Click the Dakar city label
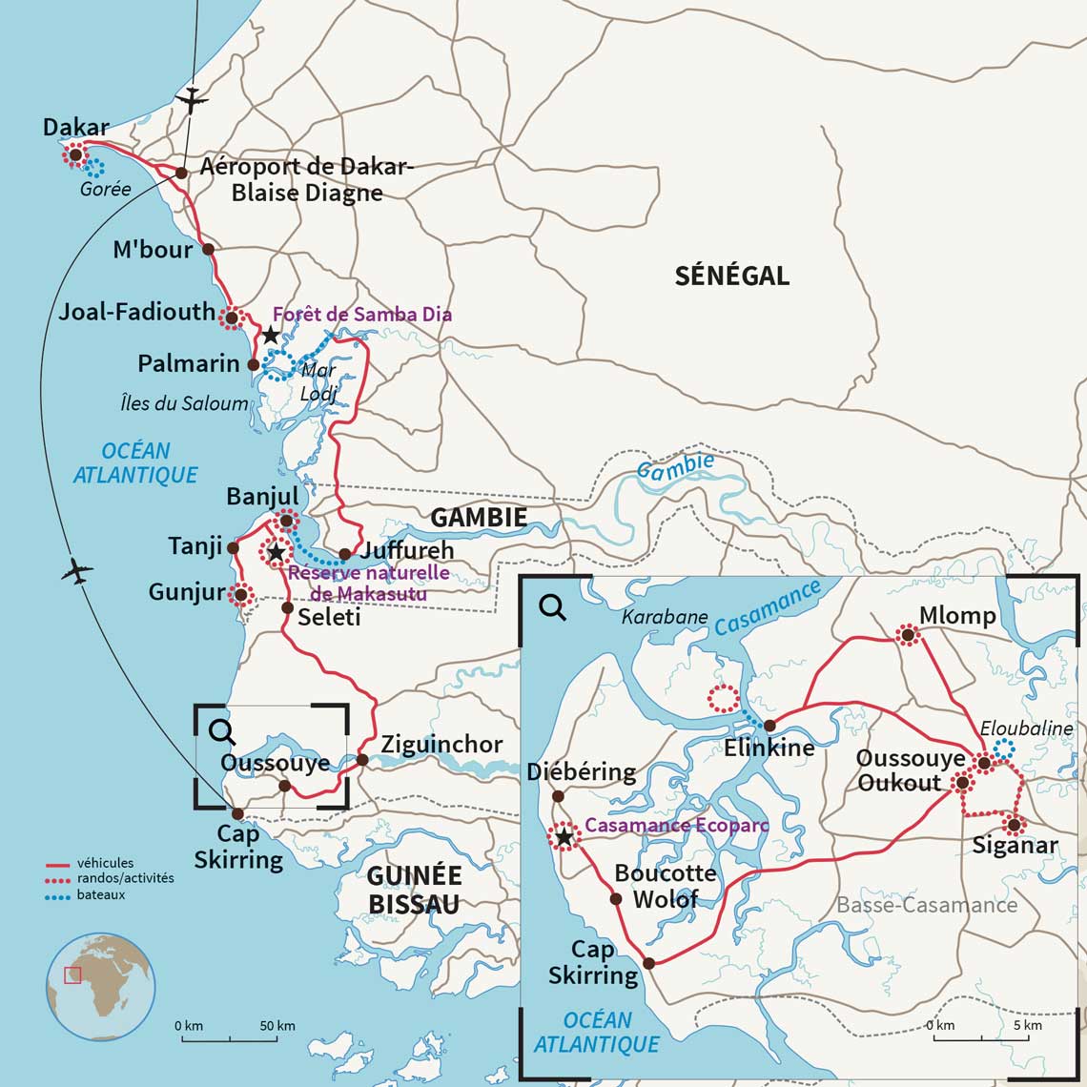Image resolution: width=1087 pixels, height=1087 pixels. (76, 127)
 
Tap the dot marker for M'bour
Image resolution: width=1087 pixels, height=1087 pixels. (209, 249)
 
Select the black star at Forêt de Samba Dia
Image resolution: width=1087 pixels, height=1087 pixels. (271, 335)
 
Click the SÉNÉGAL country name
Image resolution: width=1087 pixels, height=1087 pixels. (731, 276)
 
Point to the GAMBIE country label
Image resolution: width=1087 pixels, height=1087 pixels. (478, 518)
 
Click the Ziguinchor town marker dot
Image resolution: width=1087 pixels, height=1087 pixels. (362, 760)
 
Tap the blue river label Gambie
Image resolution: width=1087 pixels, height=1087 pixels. (675, 466)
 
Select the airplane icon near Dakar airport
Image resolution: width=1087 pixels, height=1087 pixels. (194, 99)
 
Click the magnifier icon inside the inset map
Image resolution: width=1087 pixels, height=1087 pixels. (552, 606)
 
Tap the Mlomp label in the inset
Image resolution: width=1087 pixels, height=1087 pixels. (957, 615)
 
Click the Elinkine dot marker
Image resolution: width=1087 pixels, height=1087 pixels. (769, 726)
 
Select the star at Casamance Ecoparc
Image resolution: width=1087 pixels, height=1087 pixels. (564, 836)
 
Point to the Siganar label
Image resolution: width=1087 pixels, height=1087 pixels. (1015, 845)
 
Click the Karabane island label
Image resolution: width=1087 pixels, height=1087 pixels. (665, 617)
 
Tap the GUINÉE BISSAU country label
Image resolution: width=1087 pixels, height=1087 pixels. (414, 889)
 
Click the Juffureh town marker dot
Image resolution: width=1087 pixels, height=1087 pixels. (345, 554)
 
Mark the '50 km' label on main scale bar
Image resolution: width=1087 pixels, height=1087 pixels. (277, 1026)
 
